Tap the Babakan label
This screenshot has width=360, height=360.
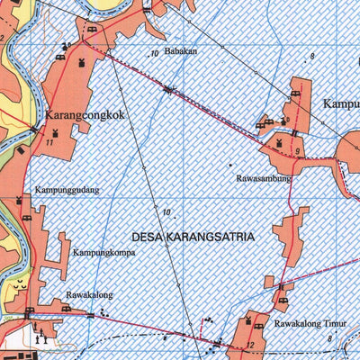tap(180, 51)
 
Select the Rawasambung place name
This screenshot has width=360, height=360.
tap(264, 178)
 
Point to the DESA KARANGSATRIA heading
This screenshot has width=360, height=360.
tap(193, 237)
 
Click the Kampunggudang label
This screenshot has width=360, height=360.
tap(67, 191)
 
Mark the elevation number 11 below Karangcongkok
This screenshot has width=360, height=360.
tap(50, 143)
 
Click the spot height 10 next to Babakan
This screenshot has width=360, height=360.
tap(155, 54)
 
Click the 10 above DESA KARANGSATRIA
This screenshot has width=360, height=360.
tap(166, 212)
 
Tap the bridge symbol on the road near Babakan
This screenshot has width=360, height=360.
tap(169, 88)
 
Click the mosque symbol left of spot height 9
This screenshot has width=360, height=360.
tap(279, 144)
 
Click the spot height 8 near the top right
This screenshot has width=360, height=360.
tap(311, 57)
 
